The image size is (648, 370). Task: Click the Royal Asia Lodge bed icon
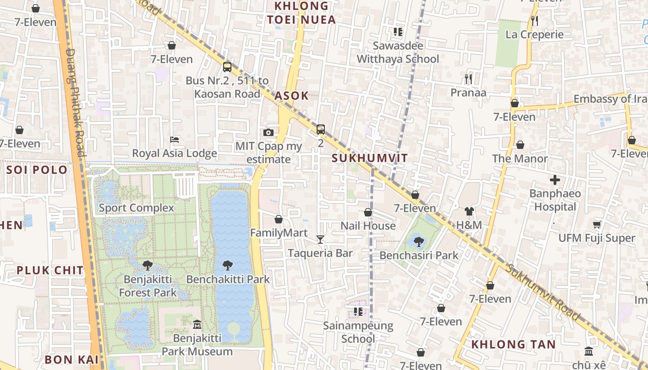pyautogui.click(x=174, y=139)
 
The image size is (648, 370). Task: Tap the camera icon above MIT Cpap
pyautogui.click(x=268, y=133)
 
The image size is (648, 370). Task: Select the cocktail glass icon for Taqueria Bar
pyautogui.click(x=320, y=239)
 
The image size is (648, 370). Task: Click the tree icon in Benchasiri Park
pyautogui.click(x=418, y=241)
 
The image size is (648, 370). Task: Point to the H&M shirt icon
pyautogui.click(x=469, y=211)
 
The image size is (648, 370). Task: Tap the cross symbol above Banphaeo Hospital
pyautogui.click(x=555, y=180)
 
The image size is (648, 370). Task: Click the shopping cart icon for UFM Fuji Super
pyautogui.click(x=597, y=224)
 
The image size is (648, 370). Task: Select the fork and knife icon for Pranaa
pyautogui.click(x=468, y=79)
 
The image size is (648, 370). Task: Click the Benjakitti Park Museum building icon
pyautogui.click(x=197, y=324)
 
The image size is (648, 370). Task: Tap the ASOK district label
pyautogui.click(x=291, y=96)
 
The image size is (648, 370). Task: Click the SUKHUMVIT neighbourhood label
pyautogui.click(x=370, y=158)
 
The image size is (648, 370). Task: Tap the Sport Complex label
pyautogui.click(x=137, y=208)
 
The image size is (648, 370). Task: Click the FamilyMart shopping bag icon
pyautogui.click(x=279, y=219)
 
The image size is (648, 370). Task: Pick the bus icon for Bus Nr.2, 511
pyautogui.click(x=227, y=67)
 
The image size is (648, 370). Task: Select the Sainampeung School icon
pyautogui.click(x=358, y=312)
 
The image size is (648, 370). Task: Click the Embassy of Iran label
pyautogui.click(x=610, y=99)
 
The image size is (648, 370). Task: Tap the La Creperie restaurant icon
pyautogui.click(x=534, y=20)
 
